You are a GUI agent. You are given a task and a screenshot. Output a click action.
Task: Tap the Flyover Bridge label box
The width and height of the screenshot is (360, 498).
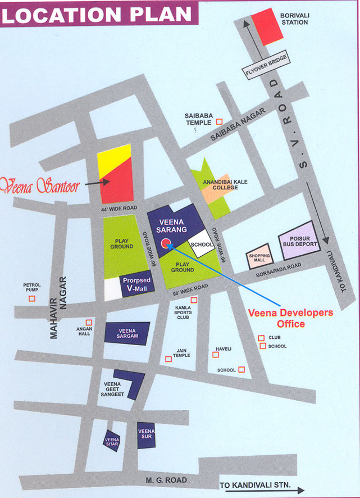[x=266, y=66]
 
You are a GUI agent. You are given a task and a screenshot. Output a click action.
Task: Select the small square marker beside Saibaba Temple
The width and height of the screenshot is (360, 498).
[x=220, y=121]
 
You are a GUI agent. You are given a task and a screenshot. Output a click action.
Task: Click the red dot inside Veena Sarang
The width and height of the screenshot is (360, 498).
[x=166, y=243]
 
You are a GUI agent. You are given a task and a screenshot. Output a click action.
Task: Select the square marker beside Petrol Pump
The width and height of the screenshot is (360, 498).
[x=32, y=298]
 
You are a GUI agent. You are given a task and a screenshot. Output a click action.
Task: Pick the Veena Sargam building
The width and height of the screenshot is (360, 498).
[x=128, y=333]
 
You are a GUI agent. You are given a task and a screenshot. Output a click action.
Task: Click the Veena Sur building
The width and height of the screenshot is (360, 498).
[x=146, y=434]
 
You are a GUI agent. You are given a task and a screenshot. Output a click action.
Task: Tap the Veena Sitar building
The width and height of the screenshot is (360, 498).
[x=112, y=440]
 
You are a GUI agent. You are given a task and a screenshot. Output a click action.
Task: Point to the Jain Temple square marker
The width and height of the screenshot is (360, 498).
[x=168, y=359]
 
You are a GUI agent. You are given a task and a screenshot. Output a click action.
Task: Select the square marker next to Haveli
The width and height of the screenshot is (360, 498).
[x=216, y=355]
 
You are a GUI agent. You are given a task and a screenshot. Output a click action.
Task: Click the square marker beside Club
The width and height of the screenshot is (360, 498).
[x=261, y=338]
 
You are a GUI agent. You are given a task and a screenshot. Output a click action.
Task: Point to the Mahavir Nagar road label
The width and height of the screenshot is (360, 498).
[x=58, y=307]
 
